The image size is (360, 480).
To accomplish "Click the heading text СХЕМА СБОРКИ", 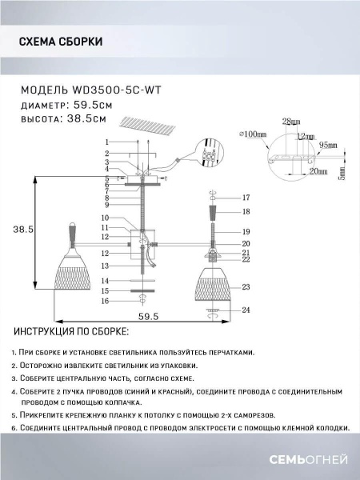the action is click(x=60, y=42).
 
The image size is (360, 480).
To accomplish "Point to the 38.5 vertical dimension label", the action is click(x=24, y=229).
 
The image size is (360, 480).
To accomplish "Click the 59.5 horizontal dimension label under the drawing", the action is click(x=140, y=317).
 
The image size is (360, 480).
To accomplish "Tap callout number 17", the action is click(x=246, y=197).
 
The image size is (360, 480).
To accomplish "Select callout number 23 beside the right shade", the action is click(x=246, y=286).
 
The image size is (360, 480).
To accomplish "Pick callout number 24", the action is click(x=246, y=310).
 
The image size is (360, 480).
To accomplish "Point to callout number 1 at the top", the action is click(x=106, y=142).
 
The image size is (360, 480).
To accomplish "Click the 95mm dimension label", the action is click(x=328, y=146).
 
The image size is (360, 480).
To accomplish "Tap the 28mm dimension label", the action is click(x=290, y=122).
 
